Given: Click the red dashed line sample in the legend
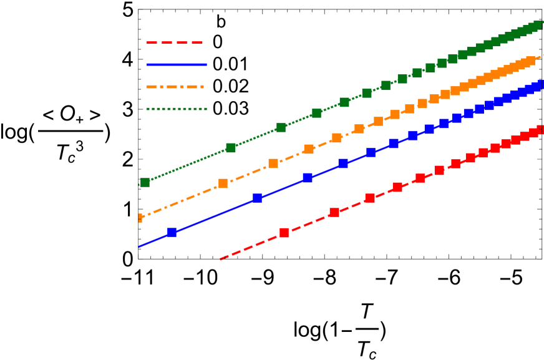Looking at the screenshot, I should (175, 43).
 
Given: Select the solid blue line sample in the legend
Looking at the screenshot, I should (176, 64).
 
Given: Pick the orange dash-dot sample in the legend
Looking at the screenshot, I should (175, 87).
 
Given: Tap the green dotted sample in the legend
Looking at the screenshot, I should (176, 109).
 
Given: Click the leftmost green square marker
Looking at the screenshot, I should (145, 182).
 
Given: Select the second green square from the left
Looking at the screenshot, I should (231, 148).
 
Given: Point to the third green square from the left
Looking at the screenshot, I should (281, 127).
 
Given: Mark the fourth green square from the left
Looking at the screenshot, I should (316, 113).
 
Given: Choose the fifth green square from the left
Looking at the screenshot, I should (344, 102).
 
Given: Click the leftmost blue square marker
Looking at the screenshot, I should (172, 232).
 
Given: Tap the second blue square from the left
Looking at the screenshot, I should (257, 198).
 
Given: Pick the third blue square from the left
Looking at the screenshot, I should (308, 178).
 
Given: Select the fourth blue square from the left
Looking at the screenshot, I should (342, 163).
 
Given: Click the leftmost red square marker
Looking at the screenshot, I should (284, 233).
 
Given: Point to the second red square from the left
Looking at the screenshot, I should (334, 212).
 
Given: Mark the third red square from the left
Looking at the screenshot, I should (370, 198).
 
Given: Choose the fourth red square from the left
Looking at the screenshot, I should (397, 187).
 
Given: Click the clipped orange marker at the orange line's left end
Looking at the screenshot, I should (140, 218).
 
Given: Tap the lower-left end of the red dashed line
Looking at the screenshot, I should (221, 258).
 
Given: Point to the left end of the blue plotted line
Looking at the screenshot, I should (139, 246).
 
